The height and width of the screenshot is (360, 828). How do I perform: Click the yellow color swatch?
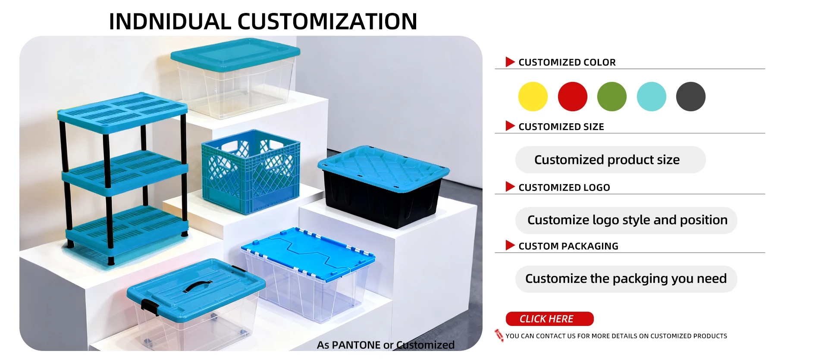point(533,97)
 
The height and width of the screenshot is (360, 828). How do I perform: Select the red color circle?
point(572,97)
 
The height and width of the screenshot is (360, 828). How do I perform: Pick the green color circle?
point(612,97)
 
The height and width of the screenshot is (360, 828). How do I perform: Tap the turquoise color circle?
point(651,97)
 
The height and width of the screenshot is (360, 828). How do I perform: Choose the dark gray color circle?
point(690,97)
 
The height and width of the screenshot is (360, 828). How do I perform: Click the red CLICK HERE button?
point(549,319)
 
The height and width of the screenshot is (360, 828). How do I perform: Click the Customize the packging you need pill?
point(626,279)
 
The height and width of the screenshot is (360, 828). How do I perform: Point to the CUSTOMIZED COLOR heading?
point(567,63)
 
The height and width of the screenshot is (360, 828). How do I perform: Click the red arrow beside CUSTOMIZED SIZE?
point(510,126)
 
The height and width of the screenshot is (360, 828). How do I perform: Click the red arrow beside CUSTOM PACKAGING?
point(510,245)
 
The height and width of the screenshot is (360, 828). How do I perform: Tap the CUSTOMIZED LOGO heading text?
point(564,188)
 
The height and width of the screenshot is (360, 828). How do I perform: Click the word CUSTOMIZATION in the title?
point(327,22)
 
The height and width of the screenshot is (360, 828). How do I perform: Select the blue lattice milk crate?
point(251,172)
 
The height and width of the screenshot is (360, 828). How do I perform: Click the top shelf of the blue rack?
point(122,110)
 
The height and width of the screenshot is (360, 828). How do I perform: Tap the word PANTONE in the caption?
point(356,345)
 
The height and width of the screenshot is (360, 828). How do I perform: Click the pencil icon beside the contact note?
point(499,335)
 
